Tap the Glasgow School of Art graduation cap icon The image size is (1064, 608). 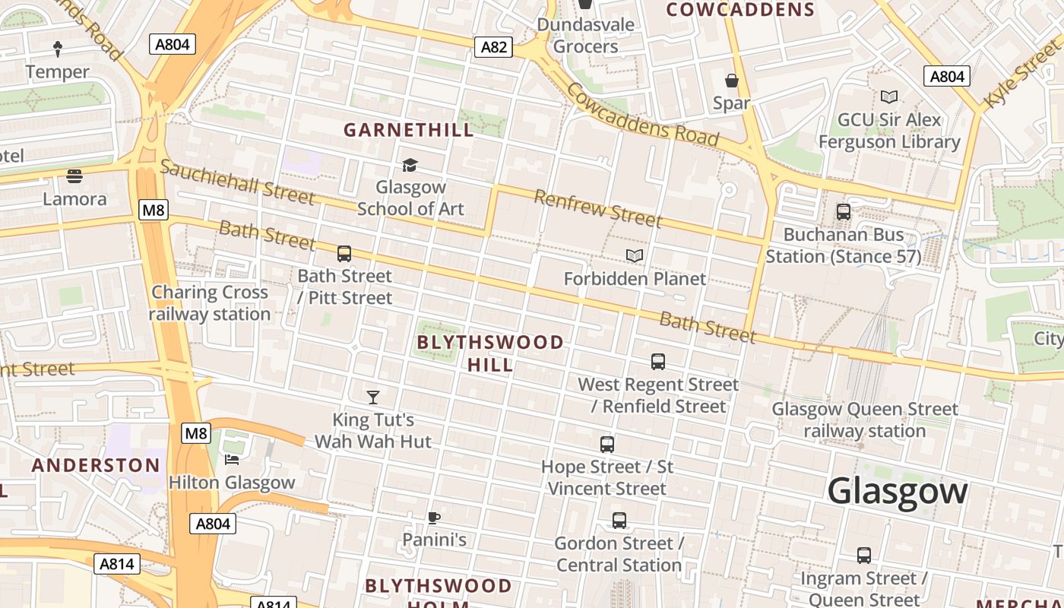[x=410, y=165]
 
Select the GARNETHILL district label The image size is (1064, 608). [x=409, y=130]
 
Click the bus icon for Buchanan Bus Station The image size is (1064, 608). [x=844, y=212]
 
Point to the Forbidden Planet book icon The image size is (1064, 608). [x=635, y=256]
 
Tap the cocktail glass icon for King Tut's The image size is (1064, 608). [x=372, y=397]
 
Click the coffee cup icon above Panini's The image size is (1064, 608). [x=433, y=518]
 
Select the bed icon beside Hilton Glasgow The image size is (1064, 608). [x=232, y=459]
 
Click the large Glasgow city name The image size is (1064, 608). [x=897, y=491]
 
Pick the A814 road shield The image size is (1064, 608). [x=117, y=564]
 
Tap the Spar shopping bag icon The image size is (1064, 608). [x=732, y=81]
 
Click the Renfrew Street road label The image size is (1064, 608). [x=597, y=208]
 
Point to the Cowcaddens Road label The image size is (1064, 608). [x=642, y=115]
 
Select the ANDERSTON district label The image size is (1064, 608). [x=96, y=465]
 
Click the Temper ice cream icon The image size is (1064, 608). [x=58, y=49]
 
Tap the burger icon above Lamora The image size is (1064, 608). [x=74, y=176]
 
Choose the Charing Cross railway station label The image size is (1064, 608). [x=210, y=302]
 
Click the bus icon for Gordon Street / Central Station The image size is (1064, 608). [x=619, y=521]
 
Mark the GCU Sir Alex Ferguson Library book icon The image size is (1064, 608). [x=888, y=97]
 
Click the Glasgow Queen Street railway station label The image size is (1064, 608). [x=865, y=420]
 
